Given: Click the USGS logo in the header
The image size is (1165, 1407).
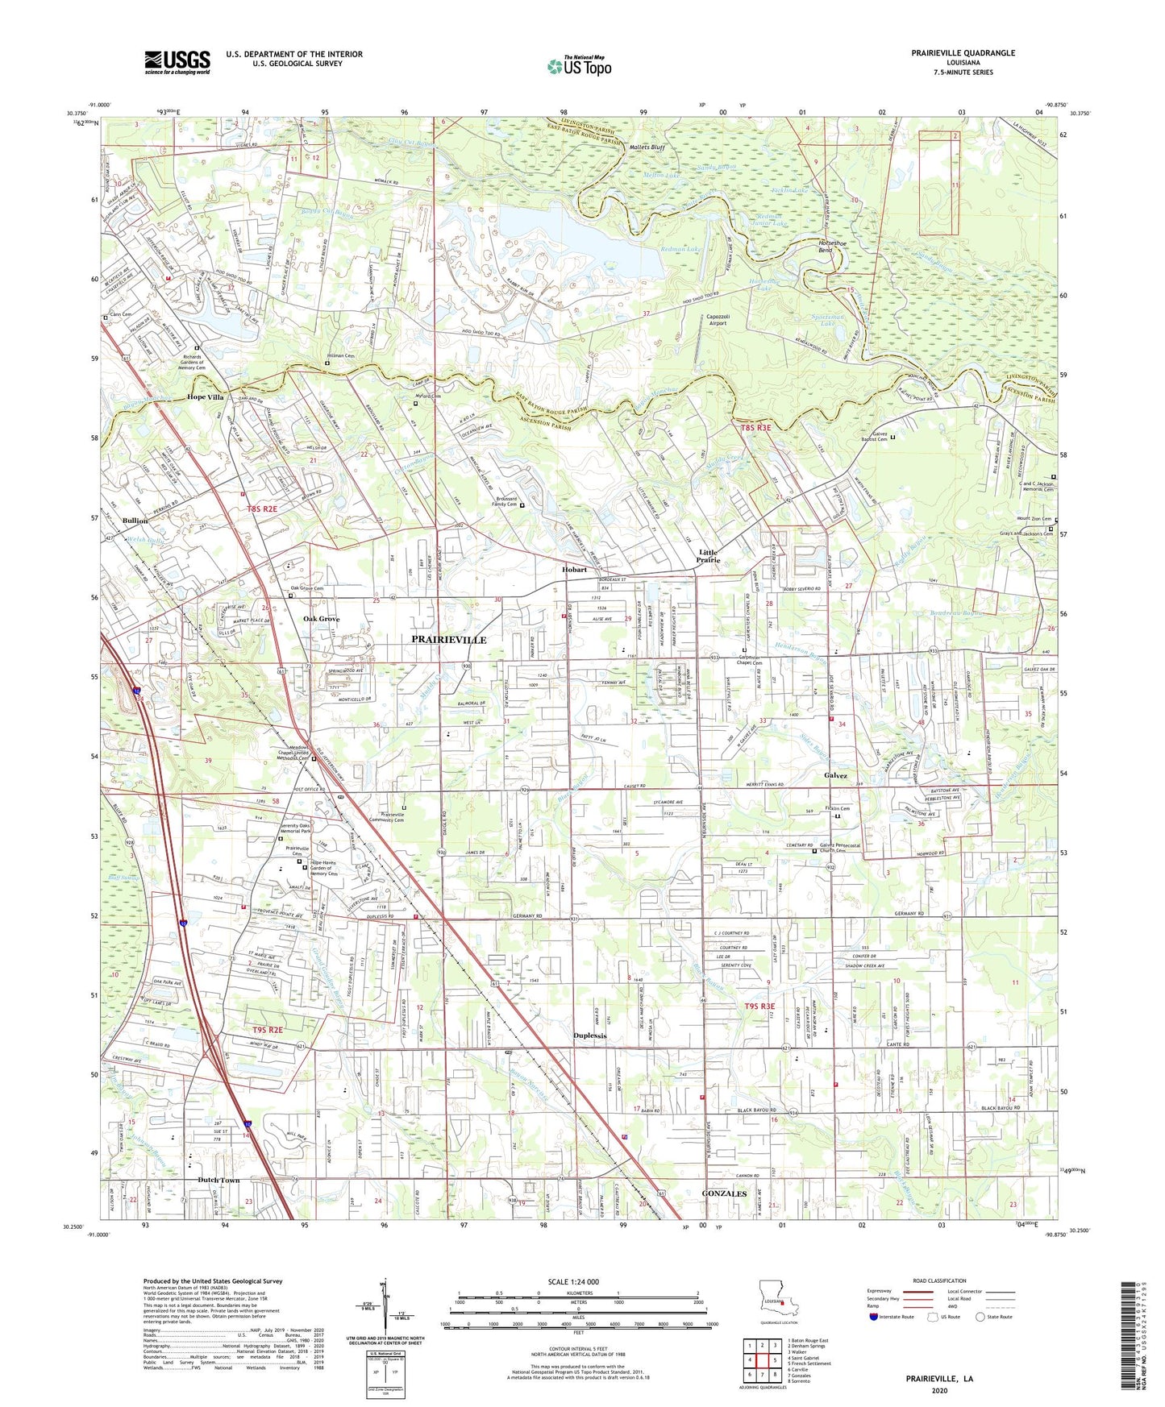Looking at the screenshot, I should pos(177,62).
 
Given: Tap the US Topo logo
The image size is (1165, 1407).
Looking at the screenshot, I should pos(579,67).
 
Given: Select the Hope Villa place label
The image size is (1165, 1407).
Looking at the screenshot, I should pos(206,397).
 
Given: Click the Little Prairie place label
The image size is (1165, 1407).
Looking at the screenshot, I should pos(708,556).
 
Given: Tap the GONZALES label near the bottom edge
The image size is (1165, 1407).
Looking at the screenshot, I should pos(724,1193).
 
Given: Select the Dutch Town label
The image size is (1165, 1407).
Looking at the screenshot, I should pos(218,1180).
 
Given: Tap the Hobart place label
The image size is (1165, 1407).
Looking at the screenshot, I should pos(574,570).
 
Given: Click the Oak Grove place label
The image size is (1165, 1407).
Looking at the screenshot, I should pos(321,619).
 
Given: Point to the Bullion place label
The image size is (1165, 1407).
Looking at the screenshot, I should pos(135,521).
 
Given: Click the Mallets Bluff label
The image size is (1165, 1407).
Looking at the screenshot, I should pos(647,147).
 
